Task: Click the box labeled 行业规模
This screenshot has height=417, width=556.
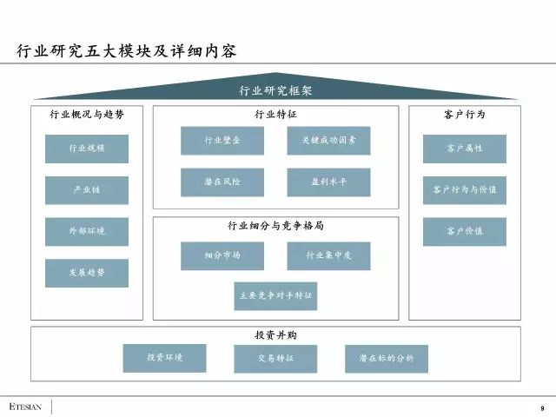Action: click(x=87, y=149)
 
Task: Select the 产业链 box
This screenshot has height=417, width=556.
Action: click(x=87, y=190)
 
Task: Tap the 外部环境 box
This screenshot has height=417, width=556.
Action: click(x=87, y=232)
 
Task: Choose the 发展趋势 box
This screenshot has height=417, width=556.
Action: click(x=87, y=273)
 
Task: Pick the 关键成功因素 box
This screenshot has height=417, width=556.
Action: click(x=328, y=141)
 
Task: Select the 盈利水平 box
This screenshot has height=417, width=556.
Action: click(x=328, y=182)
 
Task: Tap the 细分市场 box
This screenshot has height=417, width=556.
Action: click(x=222, y=256)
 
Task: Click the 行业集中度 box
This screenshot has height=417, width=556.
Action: click(x=328, y=256)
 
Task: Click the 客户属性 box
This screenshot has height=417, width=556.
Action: click(x=465, y=149)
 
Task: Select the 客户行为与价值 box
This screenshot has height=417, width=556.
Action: click(x=465, y=189)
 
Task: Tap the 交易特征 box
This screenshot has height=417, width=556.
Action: click(x=275, y=359)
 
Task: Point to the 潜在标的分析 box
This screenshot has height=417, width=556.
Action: click(x=387, y=359)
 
